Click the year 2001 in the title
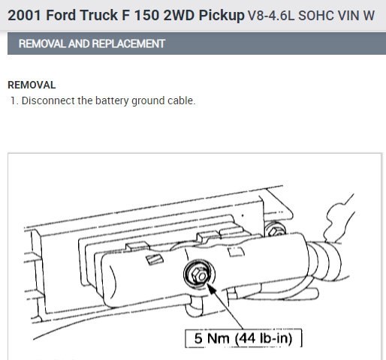[x=24, y=15]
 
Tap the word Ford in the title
[x=61, y=15]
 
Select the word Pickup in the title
[x=222, y=16]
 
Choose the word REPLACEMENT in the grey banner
[x=128, y=43]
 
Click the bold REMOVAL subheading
[x=32, y=85]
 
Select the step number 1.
[x=14, y=100]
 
